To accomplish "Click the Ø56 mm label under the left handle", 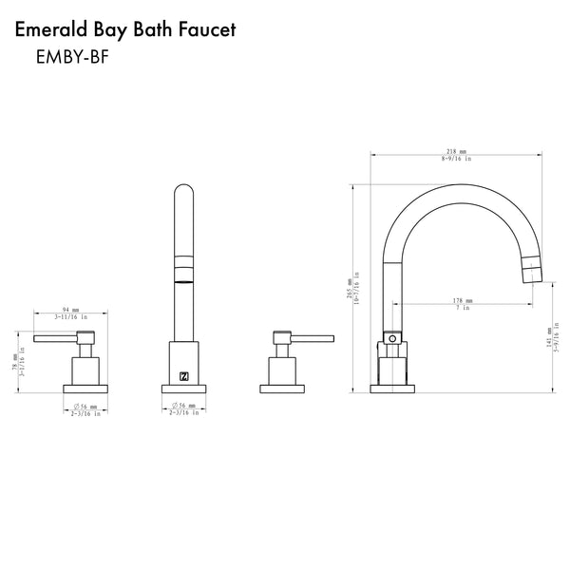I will tap(87, 406).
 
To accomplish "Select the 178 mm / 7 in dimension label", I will tap(463, 301).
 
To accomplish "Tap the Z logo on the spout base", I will tap(183, 375).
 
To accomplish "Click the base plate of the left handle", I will tap(86, 387).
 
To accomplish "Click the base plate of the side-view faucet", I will tap(389, 387).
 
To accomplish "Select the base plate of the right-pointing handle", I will tap(281, 387).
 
